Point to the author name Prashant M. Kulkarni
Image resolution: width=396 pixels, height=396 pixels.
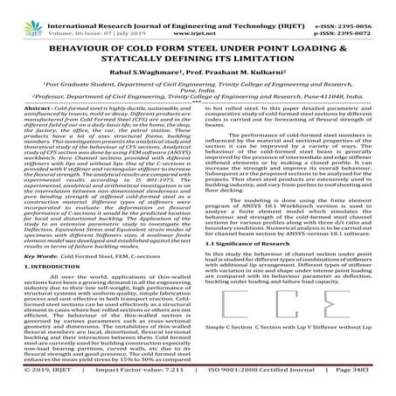[x=242, y=71]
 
